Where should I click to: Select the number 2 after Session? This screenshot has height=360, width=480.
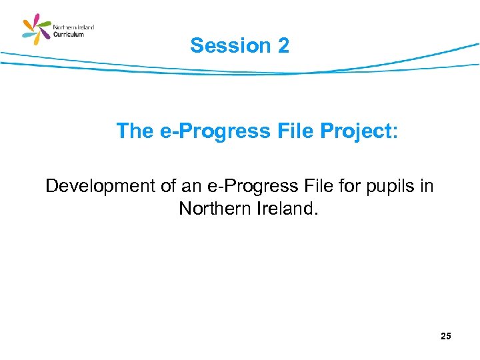click(282, 45)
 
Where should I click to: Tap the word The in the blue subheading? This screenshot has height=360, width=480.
click(135, 131)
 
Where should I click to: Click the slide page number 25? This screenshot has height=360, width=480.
click(445, 337)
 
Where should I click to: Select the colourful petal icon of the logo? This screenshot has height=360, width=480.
click(37, 30)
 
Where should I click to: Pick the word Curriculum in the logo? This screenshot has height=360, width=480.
click(68, 35)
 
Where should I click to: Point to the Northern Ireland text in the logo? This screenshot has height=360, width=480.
click(73, 27)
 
